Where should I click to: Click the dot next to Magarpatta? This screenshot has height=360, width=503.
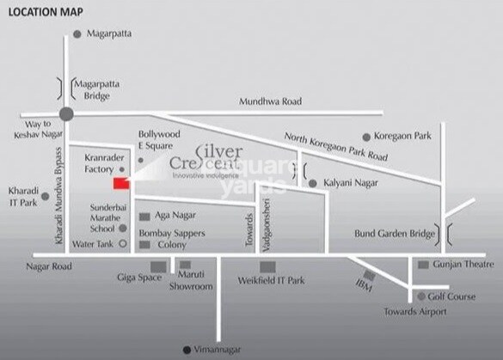pyautogui.click(x=77, y=34)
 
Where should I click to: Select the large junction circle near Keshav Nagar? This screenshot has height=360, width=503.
pyautogui.click(x=66, y=113)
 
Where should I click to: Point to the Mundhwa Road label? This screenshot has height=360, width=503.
pyautogui.click(x=271, y=101)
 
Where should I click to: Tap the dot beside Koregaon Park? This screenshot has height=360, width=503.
pyautogui.click(x=366, y=137)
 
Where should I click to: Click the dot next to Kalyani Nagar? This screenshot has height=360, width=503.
pyautogui.click(x=312, y=183)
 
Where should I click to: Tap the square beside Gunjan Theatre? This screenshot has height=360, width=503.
pyautogui.click(x=423, y=265)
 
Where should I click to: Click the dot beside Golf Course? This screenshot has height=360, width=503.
pyautogui.click(x=420, y=296)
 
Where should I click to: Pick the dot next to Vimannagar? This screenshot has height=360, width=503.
pyautogui.click(x=187, y=350)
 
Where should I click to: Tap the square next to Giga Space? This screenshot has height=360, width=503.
pyautogui.click(x=157, y=266)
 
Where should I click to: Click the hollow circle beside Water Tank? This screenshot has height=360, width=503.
pyautogui.click(x=123, y=244)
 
